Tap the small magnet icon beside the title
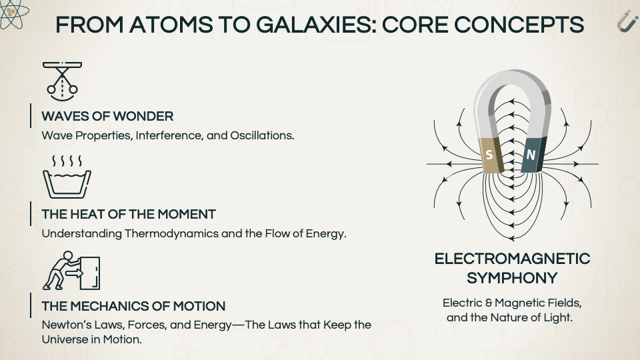(x=627, y=21)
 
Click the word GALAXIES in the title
(x=314, y=25)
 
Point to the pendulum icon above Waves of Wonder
(x=62, y=81)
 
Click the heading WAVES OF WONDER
(x=107, y=116)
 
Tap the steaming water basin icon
(x=67, y=177)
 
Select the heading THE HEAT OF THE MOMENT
(x=129, y=214)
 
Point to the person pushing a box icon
(x=71, y=270)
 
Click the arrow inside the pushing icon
(x=74, y=272)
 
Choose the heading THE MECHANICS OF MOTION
(x=133, y=306)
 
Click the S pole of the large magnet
(x=491, y=155)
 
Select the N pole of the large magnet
(x=533, y=154)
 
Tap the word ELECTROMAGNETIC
(x=512, y=259)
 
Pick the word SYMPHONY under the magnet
(x=512, y=278)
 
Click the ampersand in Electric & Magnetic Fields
(x=489, y=303)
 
